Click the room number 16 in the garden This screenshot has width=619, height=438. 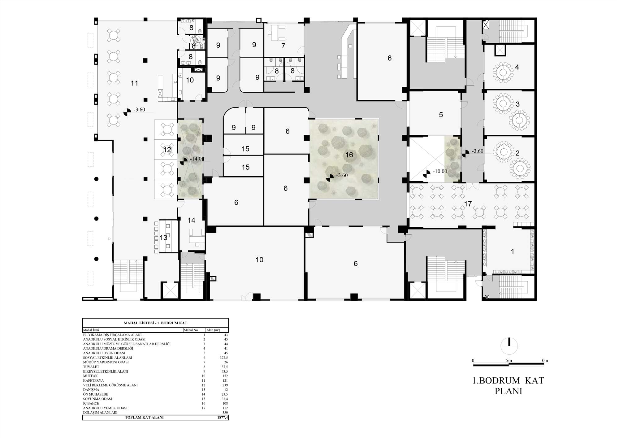click(349, 155)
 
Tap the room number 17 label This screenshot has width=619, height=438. click(468, 204)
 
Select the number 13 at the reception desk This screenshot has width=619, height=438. click(163, 238)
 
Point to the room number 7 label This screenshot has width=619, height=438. click(283, 46)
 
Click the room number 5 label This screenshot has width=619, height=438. click(441, 115)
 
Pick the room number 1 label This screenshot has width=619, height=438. click(512, 252)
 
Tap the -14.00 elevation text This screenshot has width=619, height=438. click(197, 159)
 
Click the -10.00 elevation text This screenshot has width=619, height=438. click(440, 171)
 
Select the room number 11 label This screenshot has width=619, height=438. click(134, 83)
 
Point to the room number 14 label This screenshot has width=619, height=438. click(191, 220)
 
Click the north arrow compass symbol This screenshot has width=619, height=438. click(509, 346)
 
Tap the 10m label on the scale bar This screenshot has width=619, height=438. click(544, 361)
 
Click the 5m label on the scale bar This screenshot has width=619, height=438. click(509, 361)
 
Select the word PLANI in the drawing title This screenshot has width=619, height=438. click(509, 391)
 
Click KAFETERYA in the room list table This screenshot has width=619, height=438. click(93, 381)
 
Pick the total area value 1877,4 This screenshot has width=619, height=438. click(223, 418)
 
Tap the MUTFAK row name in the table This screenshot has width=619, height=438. click(90, 376)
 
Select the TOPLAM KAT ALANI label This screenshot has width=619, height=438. click(144, 418)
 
